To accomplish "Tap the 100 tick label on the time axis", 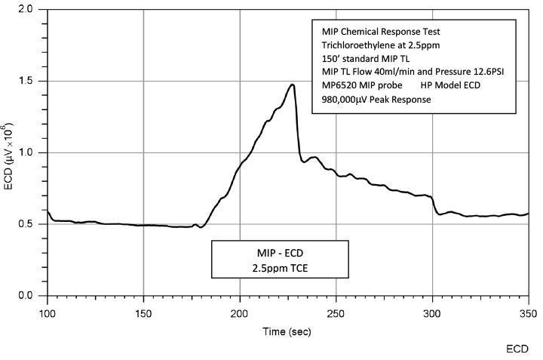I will click(47, 310).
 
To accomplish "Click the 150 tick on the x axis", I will click(143, 310).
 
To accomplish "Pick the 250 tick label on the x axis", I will click(336, 310).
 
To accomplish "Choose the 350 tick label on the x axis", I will click(528, 310).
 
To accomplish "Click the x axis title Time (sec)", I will click(287, 331).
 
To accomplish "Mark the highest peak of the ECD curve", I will click(292, 85).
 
